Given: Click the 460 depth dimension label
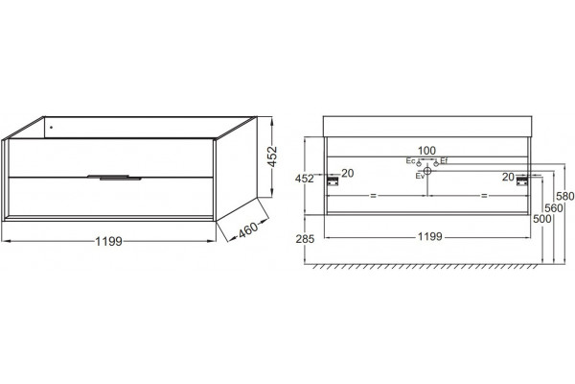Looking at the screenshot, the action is tap(248, 230).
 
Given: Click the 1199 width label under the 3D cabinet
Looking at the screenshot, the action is tap(108, 241).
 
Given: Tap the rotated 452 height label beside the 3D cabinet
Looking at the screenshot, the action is tap(272, 156).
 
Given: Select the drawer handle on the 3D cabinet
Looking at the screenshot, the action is tap(114, 178).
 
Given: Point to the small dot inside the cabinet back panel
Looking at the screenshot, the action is tap(51, 128).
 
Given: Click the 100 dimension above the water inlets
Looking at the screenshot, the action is tap(426, 151).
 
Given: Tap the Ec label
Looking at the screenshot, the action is tap(410, 161).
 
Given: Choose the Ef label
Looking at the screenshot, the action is tap(444, 160).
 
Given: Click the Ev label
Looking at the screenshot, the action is tap(420, 176).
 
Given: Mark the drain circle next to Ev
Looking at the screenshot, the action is tap(427, 171).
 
